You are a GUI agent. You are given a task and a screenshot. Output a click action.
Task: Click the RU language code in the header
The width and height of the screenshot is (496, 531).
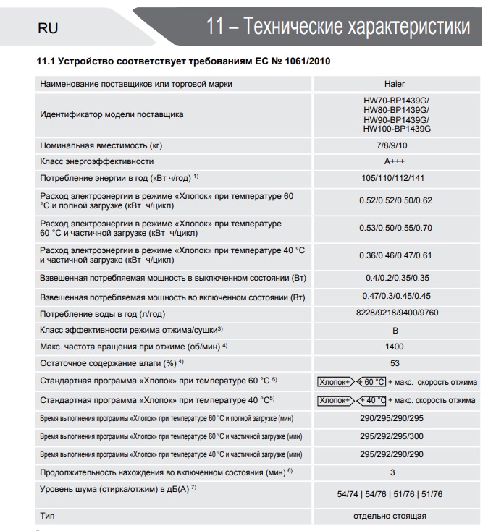48,28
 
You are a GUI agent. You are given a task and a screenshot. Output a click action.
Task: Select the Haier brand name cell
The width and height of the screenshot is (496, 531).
395,84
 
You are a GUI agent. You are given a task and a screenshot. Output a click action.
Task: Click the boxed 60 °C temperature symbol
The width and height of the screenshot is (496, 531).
372,382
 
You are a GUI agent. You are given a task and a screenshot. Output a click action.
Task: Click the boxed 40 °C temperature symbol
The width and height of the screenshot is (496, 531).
372,400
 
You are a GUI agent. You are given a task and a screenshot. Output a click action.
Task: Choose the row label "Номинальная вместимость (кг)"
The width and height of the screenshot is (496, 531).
97,145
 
